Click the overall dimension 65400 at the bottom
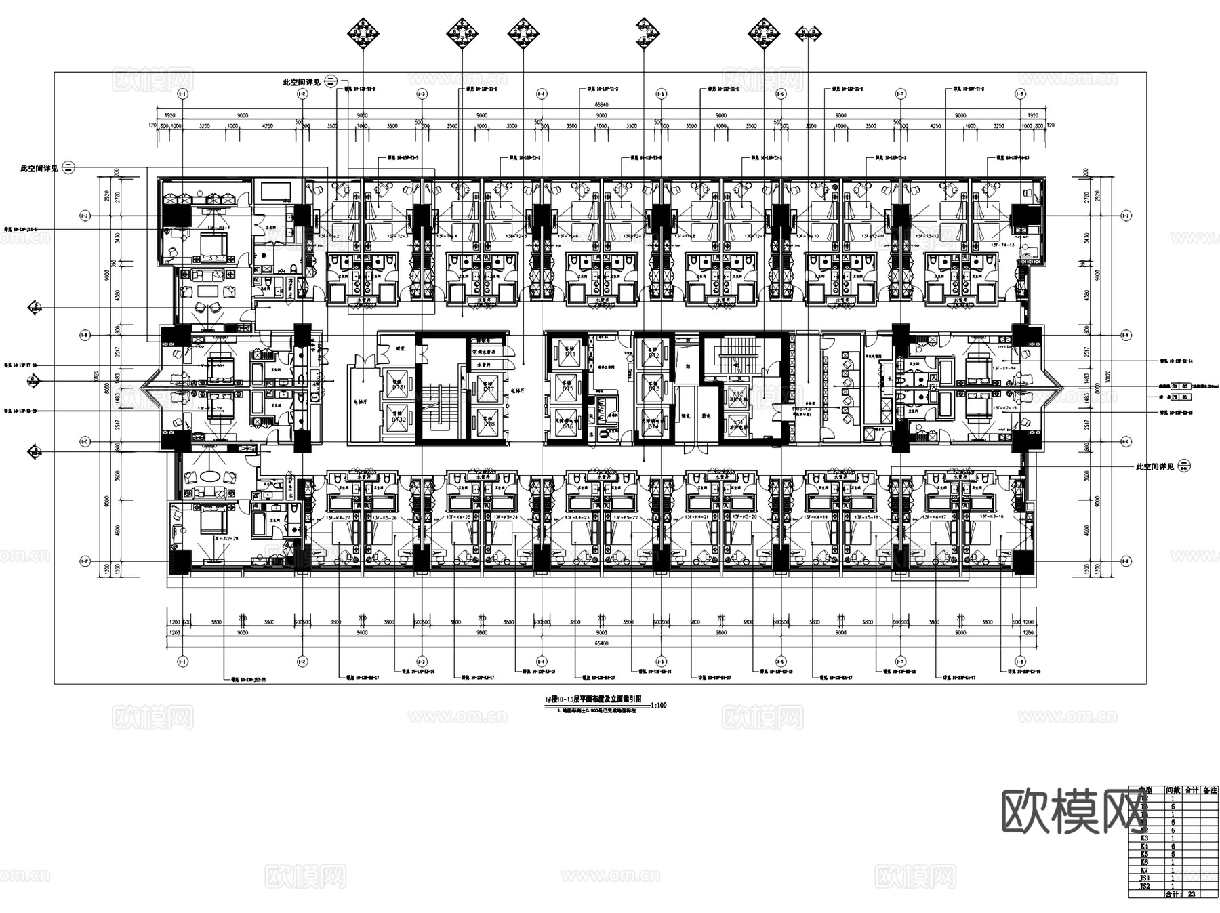pyautogui.click(x=602, y=643)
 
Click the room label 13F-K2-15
pyautogui.click(x=1002, y=408)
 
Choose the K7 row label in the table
pyautogui.click(x=1145, y=870)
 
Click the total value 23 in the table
pyautogui.click(x=1191, y=894)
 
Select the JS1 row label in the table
pyautogui.click(x=1145, y=878)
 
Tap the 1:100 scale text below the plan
pyautogui.click(x=658, y=706)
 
